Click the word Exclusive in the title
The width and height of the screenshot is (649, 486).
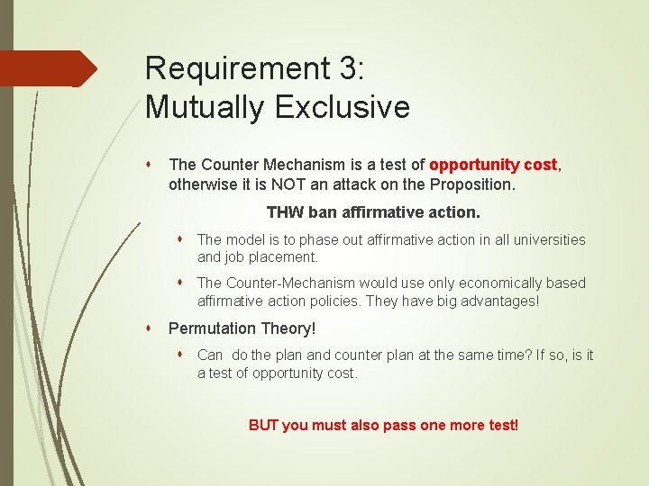[x=343, y=107]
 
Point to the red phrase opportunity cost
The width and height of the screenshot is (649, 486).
[x=494, y=165]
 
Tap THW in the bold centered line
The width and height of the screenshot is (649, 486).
[x=285, y=213]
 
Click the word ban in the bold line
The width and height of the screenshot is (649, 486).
[x=324, y=213]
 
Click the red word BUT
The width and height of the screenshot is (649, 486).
[x=263, y=425]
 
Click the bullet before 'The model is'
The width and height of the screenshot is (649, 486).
[x=181, y=239]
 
